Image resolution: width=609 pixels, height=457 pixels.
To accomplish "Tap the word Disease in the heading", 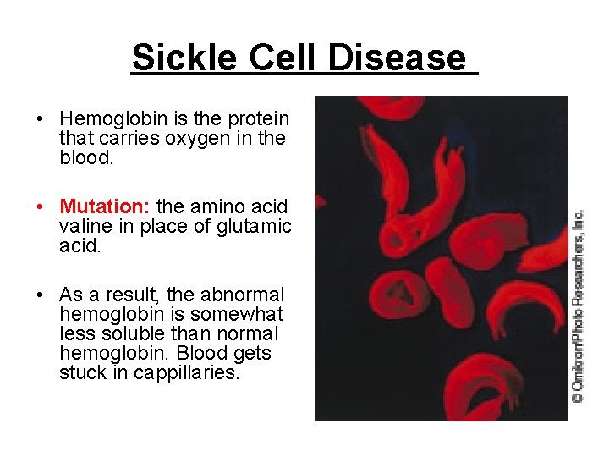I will coord(397,58).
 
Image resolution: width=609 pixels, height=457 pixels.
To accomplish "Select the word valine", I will coord(84,226).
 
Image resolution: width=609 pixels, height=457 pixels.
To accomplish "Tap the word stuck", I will coord(82,372).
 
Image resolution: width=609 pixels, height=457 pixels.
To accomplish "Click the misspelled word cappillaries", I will coord(187,372).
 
